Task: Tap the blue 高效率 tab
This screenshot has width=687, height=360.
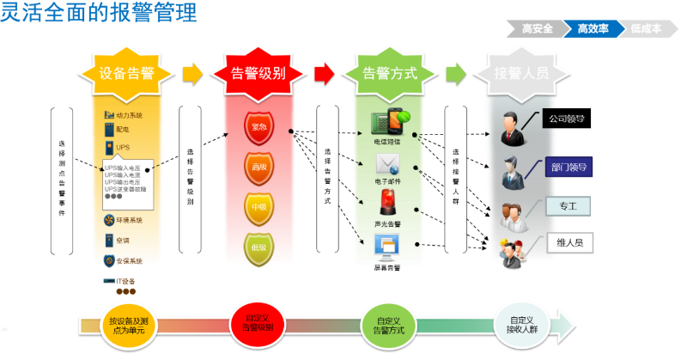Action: (593, 28)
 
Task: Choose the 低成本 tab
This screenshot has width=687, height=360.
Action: (646, 28)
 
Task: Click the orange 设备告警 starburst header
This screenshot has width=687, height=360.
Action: (126, 73)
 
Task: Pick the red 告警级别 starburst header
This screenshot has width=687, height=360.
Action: (258, 73)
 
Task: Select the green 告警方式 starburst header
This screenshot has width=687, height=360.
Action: (391, 73)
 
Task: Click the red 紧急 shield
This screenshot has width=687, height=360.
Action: (258, 127)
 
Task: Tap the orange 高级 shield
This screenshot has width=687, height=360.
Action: (258, 167)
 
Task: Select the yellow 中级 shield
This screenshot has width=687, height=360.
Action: (258, 207)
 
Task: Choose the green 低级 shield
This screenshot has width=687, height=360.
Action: (258, 247)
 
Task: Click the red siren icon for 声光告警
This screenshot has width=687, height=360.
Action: (386, 204)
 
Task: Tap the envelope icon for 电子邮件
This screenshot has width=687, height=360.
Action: (386, 163)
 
